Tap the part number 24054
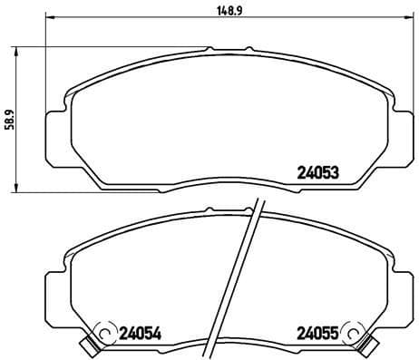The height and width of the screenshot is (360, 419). [136, 332]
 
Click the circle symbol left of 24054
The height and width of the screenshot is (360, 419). [104, 333]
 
